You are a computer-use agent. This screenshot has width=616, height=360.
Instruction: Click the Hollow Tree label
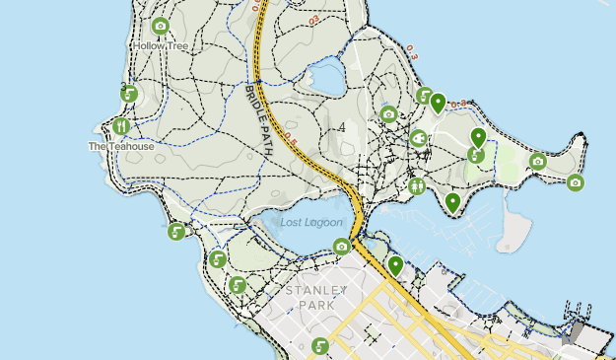160,45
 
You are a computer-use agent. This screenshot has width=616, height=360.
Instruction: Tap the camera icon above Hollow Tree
161,27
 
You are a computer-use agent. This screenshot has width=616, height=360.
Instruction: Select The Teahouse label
121,146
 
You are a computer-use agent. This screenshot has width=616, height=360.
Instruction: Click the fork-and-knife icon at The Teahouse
121,126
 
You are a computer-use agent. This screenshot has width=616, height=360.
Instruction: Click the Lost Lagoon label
310,222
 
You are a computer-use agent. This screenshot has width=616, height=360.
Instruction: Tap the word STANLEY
315,292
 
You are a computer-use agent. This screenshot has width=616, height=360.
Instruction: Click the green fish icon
418,138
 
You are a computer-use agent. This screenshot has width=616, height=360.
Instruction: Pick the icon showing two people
417,184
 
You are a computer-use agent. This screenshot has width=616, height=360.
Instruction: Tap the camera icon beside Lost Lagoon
342,246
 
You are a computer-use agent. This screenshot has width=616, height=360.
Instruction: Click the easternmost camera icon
576,182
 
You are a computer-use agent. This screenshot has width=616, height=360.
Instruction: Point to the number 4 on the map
341,128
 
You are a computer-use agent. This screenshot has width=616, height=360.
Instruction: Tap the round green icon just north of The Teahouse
129,95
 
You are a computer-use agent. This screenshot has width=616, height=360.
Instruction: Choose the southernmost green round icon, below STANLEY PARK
320,346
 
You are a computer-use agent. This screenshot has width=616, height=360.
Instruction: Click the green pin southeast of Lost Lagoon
395,264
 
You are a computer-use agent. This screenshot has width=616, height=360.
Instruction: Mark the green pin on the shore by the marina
452,202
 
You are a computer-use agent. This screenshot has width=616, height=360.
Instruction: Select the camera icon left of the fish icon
389,114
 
